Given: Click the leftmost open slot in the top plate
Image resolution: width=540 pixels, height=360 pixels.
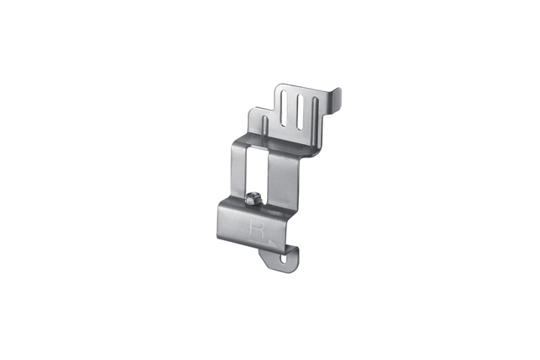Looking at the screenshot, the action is (x=284, y=109).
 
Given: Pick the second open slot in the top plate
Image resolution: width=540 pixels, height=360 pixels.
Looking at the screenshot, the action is (x=300, y=112).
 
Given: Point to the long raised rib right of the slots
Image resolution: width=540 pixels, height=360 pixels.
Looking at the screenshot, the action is (x=315, y=116).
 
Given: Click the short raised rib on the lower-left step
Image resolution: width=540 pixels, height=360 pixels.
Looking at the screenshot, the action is (x=265, y=126).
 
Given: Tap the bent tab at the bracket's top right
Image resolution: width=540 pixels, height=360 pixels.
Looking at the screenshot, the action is (x=336, y=100).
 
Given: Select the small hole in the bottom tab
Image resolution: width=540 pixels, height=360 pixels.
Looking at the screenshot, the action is (x=284, y=259).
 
